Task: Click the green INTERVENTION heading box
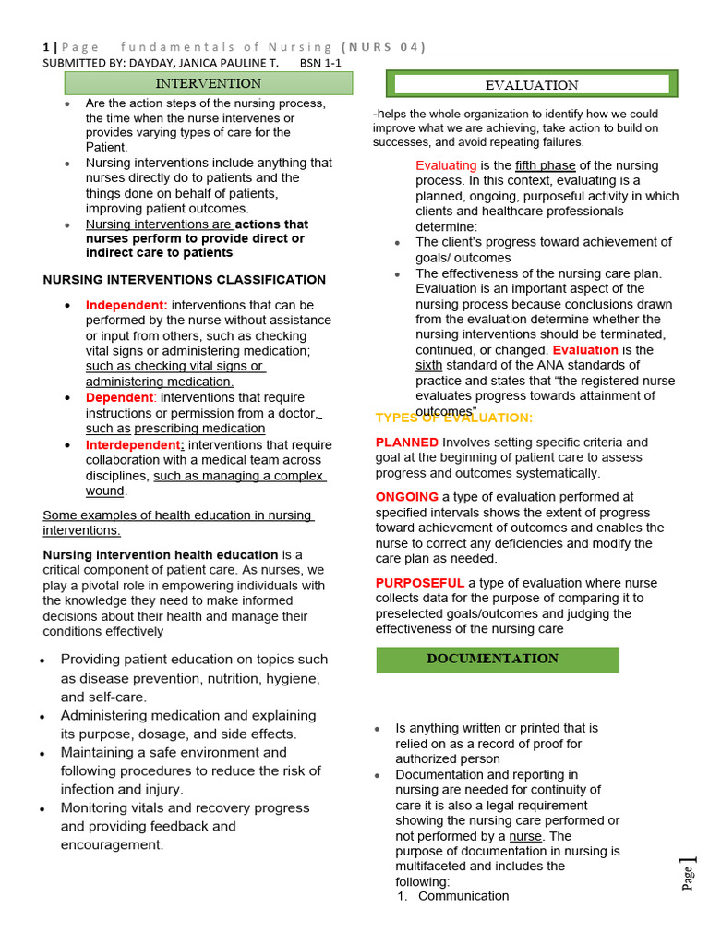pos(208,83)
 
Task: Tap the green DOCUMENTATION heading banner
pos(498,660)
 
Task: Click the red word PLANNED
pos(407,443)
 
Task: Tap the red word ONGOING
pos(406,497)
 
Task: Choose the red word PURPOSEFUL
pos(420,583)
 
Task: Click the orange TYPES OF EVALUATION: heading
pos(453,418)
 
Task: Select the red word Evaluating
pos(446,165)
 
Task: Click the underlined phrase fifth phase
pos(545,165)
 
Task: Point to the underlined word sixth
pos(429,366)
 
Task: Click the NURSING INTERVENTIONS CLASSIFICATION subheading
pos(185,280)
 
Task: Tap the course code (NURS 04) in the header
pos(383,47)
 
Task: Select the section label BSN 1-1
pos(321,63)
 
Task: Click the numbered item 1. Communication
pos(452,896)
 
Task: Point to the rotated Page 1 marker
pos(689,873)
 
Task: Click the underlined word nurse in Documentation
pos(526,836)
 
